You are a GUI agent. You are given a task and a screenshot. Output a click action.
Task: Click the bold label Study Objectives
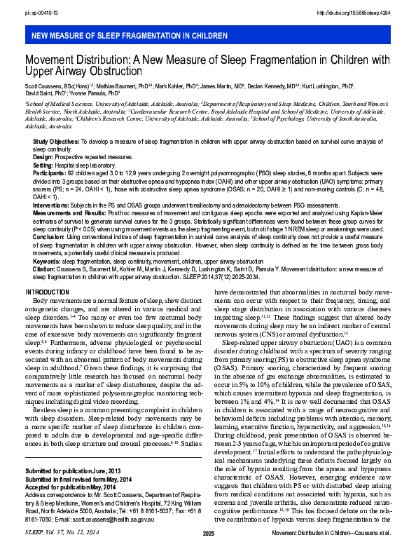[56, 142]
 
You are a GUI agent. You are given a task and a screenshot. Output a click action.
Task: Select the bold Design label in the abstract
[43, 156]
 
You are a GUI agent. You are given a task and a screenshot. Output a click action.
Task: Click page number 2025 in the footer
[208, 534]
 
